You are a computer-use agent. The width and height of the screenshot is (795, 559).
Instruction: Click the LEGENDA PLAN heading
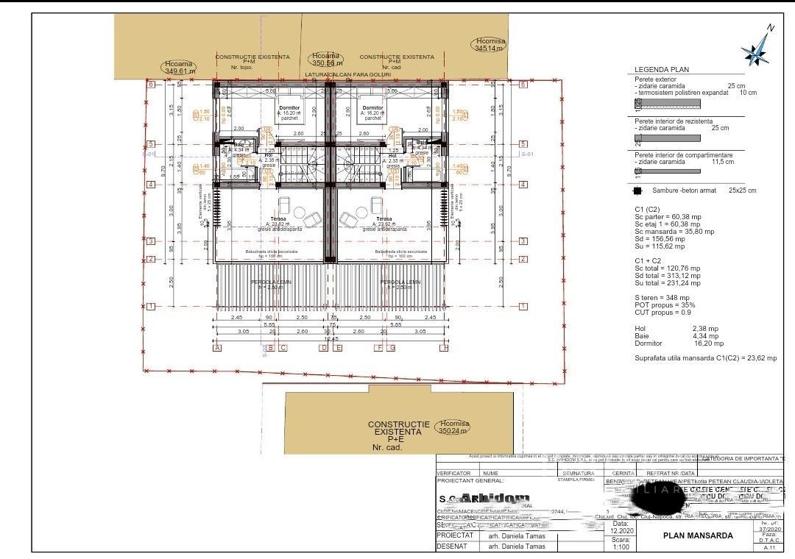point(661,69)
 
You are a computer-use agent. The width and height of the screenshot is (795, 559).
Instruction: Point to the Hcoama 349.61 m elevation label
point(180,68)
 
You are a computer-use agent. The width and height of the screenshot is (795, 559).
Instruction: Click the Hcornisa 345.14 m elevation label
point(490,45)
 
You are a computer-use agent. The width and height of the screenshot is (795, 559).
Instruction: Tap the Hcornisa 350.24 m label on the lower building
point(453,427)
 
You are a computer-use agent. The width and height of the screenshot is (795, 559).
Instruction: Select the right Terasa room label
point(383,219)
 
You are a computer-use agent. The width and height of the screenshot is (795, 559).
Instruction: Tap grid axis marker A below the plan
point(217,348)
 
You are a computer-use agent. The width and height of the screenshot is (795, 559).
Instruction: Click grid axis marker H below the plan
point(444,348)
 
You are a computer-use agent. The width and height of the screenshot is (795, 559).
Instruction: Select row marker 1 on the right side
point(523,306)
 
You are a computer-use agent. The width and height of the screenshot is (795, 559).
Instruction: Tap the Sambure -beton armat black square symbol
point(637,191)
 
